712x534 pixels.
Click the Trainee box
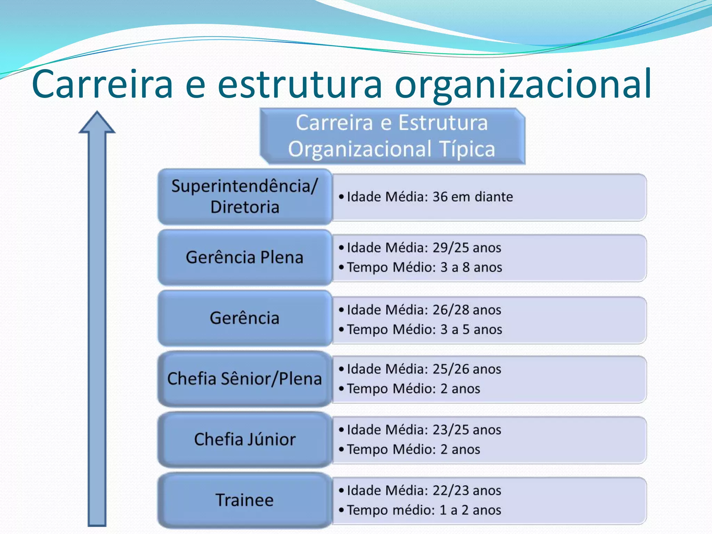tap(244, 500)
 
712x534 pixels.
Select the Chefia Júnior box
tap(244, 439)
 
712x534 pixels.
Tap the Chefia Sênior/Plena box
tap(244, 379)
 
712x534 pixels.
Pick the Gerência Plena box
tap(244, 257)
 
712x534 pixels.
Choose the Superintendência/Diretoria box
tap(244, 196)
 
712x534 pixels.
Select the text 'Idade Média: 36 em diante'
tap(430, 197)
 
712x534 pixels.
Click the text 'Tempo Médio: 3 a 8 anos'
tap(424, 267)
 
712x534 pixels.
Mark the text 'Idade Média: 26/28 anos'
tap(424, 310)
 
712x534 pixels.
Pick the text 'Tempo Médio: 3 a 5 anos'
tap(424, 330)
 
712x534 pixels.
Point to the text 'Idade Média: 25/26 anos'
tap(424, 369)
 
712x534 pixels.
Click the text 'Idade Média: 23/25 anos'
tap(424, 430)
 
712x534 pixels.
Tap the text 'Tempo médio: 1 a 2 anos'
tap(424, 510)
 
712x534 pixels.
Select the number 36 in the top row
tap(440, 197)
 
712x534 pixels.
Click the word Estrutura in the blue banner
tap(443, 123)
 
